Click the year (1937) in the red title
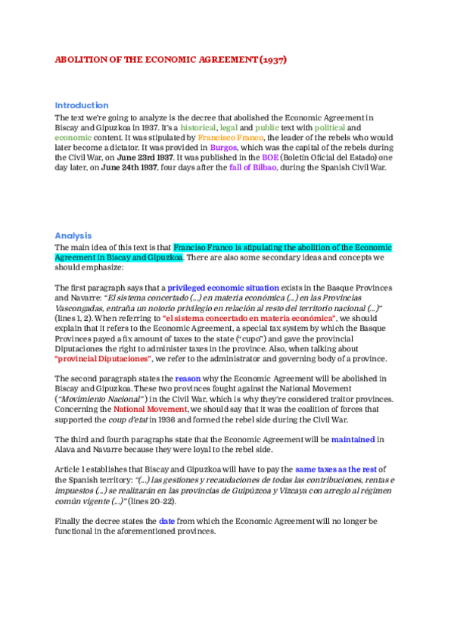pos(272,59)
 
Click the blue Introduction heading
pos(82,105)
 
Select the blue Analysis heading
pos(73,235)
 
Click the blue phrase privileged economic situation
pos(223,288)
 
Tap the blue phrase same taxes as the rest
pos(336,467)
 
